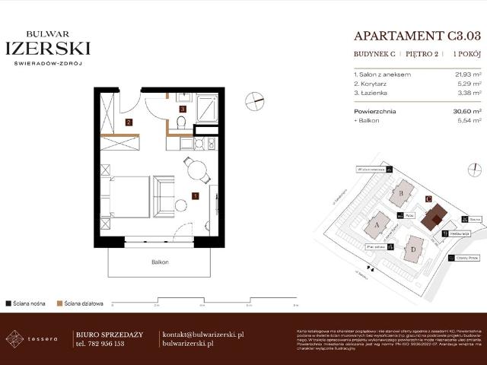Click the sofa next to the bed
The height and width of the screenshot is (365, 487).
[x=164, y=195]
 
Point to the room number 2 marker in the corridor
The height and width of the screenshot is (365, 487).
[x=129, y=122]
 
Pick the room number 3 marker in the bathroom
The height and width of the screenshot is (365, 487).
[x=183, y=109]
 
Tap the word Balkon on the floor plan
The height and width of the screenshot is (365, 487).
[x=160, y=262]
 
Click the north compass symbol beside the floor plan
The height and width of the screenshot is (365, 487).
[x=256, y=101]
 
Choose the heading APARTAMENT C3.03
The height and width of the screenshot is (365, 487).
[x=418, y=35]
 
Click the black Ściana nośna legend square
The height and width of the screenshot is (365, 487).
[x=8, y=303]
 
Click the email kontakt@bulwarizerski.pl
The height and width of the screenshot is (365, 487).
[x=203, y=334]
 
